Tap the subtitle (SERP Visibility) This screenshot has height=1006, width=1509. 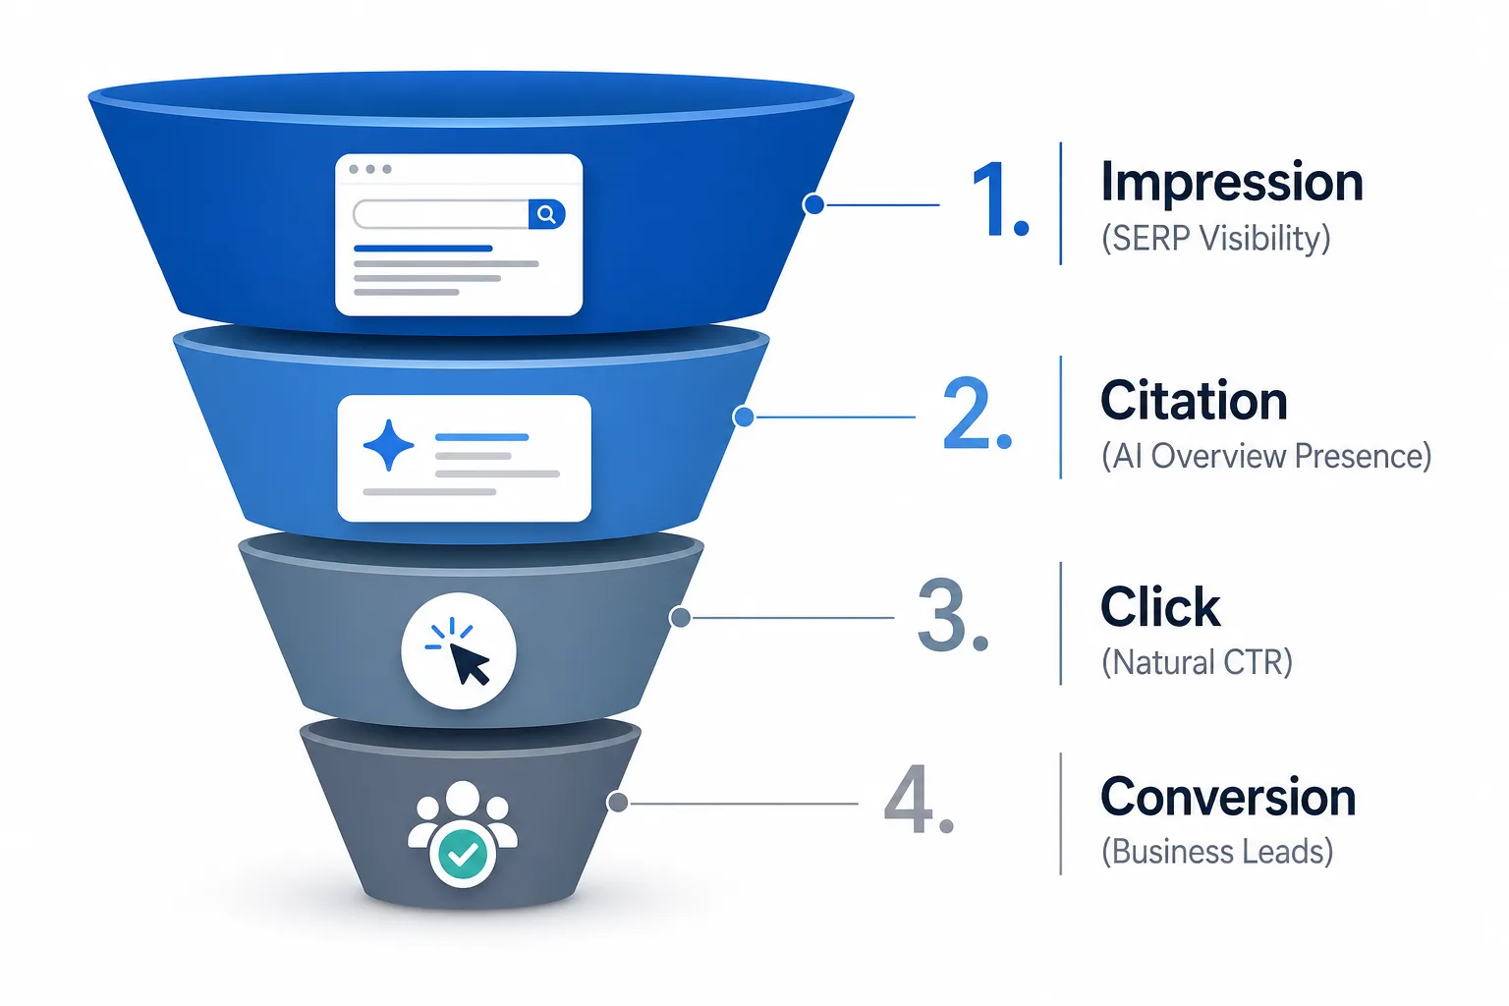click(1216, 238)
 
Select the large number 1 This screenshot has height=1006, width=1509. click(1000, 200)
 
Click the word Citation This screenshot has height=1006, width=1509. click(1194, 400)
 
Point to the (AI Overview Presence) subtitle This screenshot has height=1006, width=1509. click(1266, 456)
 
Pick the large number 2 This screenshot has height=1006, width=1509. click(977, 414)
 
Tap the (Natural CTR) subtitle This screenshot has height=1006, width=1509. click(1198, 662)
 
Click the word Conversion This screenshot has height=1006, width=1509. click(1228, 797)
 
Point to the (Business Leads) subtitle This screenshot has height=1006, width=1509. click(1217, 852)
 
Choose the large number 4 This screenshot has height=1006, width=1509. click(919, 800)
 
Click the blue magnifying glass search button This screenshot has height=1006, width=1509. click(546, 214)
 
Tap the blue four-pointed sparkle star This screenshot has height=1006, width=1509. click(389, 445)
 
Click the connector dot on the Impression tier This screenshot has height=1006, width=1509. click(813, 204)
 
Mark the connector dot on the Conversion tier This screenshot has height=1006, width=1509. click(618, 803)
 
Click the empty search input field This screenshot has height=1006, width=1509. click(441, 214)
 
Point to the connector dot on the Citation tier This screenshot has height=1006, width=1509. click(743, 417)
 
